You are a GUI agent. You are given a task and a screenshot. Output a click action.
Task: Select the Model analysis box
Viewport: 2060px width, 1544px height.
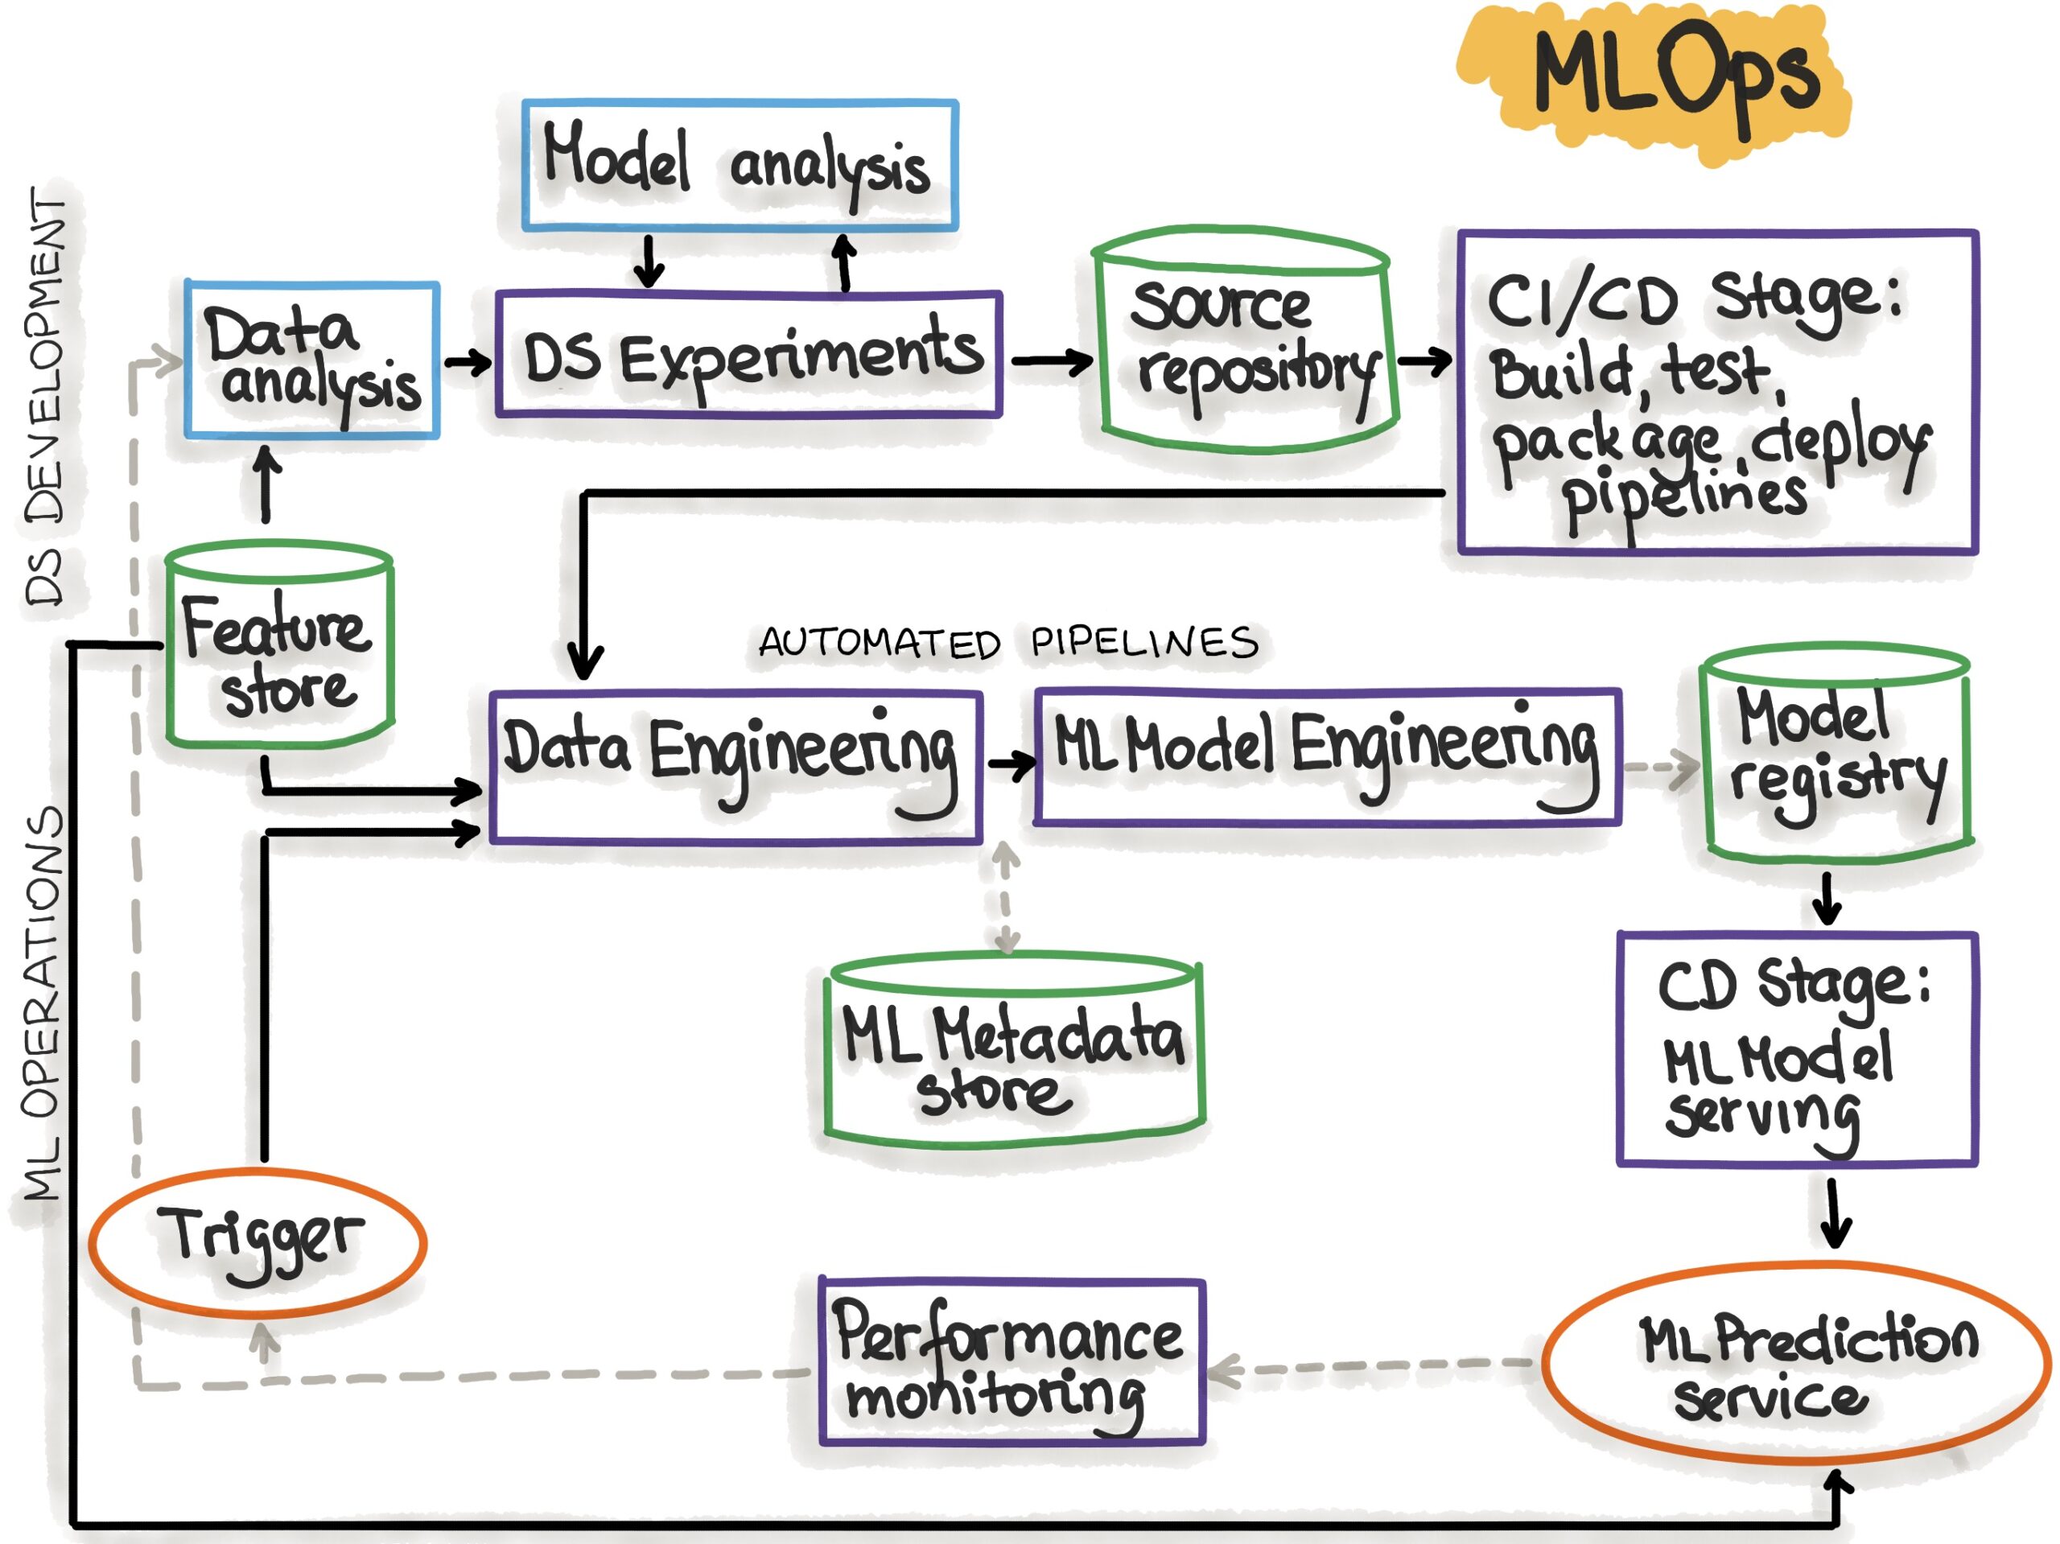740,165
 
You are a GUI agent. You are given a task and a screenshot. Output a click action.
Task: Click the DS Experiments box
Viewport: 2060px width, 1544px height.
750,356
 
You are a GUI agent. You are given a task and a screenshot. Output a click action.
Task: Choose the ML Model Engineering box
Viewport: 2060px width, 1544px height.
1327,757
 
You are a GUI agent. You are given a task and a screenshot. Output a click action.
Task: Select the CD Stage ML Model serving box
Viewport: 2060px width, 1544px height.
1798,1049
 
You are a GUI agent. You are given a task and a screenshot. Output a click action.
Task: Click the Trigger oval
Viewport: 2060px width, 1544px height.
259,1241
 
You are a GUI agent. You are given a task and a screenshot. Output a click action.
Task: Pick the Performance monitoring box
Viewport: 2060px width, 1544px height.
1011,1362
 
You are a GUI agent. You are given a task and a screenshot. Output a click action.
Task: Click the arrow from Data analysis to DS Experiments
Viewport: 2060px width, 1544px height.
468,362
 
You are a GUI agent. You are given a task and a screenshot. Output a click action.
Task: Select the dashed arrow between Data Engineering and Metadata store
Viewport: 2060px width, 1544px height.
1005,898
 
